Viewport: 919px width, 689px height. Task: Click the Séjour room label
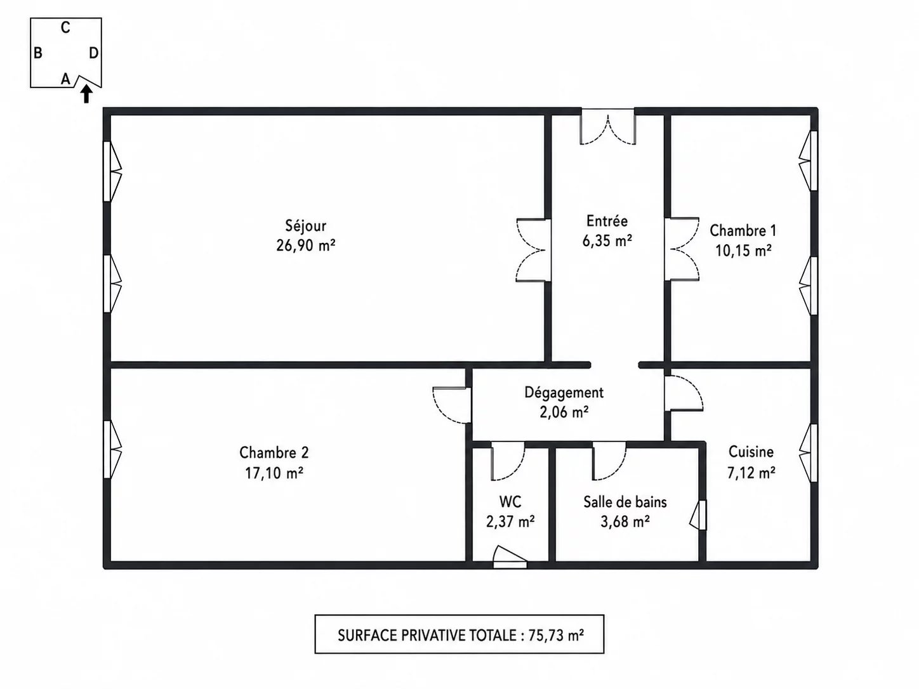coord(306,226)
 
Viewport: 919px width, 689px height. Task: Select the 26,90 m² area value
coord(306,245)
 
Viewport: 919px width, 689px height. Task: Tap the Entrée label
coord(607,221)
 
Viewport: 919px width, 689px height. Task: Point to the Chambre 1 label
coord(743,230)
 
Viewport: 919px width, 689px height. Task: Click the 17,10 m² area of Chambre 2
coord(274,473)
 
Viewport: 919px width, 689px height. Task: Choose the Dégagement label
coord(564,393)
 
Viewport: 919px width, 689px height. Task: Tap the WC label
coord(510,501)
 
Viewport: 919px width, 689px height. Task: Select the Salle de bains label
coord(625,502)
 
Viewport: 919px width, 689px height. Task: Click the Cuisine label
coord(751,452)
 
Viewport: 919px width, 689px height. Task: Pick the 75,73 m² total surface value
coord(556,636)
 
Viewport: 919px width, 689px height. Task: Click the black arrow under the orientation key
coord(86,94)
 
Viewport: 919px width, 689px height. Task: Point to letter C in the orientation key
coord(65,28)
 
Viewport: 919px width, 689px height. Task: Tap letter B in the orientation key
coord(37,53)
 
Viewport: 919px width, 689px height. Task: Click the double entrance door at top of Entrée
coord(607,127)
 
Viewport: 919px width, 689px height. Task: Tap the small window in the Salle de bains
coord(698,515)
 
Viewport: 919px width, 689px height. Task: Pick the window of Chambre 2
coord(112,449)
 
